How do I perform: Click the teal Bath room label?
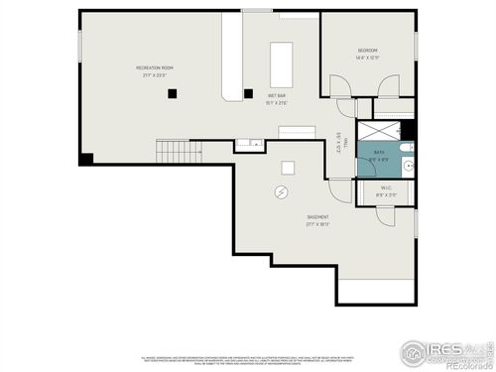point(379,155)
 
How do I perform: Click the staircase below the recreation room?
point(171,152)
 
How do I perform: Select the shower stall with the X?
point(377,130)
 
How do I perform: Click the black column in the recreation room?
point(173,93)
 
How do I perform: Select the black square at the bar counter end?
point(247,95)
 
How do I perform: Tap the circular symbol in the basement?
point(282,191)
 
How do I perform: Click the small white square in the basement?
point(288,167)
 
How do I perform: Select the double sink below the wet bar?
point(249,145)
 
